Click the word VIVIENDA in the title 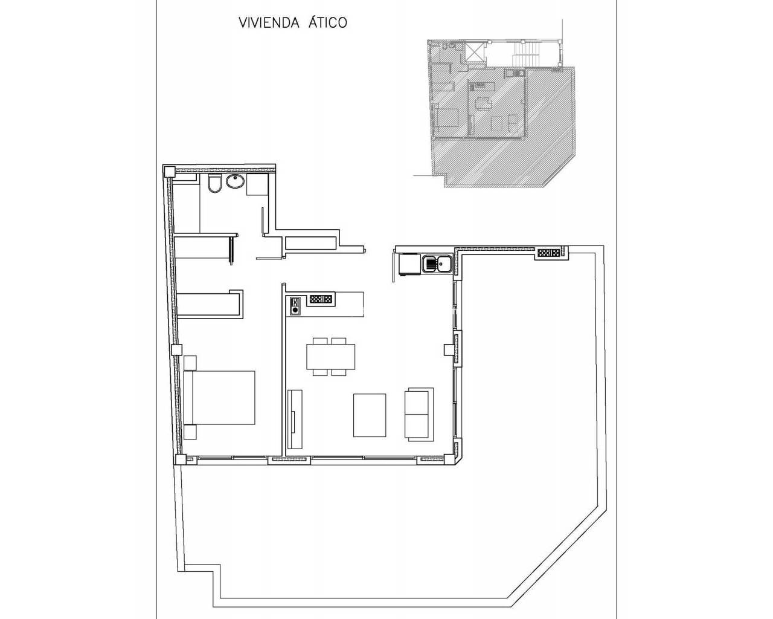point(269,22)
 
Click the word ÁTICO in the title point(327,22)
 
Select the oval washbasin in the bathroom point(236,181)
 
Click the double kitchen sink point(437,264)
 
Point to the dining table point(330,357)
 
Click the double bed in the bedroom point(219,398)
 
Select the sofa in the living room point(419,415)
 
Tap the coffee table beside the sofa point(370,415)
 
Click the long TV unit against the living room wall point(295,419)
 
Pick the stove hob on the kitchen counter point(295,305)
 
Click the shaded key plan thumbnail point(502,113)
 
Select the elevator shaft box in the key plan point(475,53)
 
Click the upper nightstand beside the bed point(190,363)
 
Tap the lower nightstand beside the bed point(190,432)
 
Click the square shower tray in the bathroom point(257,184)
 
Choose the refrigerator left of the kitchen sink point(409,264)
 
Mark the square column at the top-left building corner point(169,171)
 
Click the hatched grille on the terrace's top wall point(549,253)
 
